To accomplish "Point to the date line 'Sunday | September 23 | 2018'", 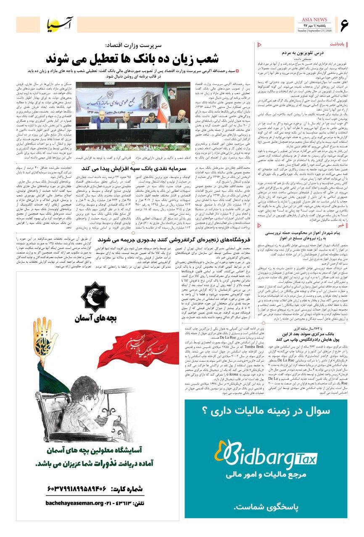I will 314,31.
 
